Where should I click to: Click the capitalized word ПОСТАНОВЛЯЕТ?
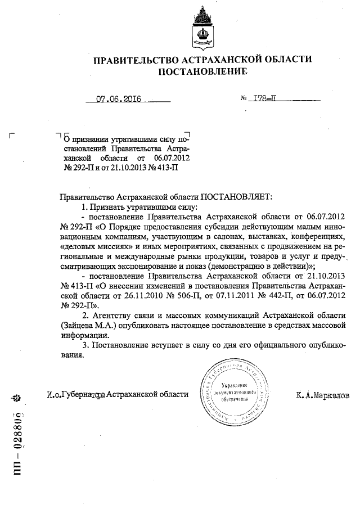(236, 197)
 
